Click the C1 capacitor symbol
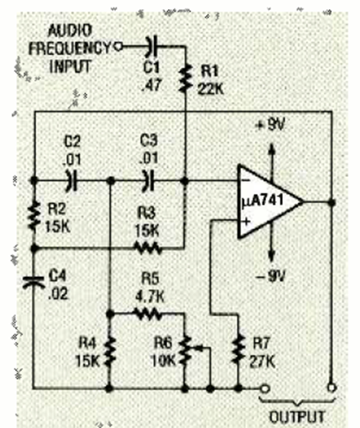pos(152,46)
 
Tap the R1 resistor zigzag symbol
pos(185,77)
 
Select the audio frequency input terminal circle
pos(118,47)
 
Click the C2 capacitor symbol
pos(72,180)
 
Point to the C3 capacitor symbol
pos(148,180)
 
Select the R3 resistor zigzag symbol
pos(148,248)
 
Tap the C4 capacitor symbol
pos(34,282)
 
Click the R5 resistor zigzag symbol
pos(148,314)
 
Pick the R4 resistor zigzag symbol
pos(110,352)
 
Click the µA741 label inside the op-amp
pos(262,201)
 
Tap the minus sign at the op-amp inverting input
pos(246,180)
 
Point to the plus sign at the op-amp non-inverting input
pos(246,221)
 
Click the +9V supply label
pos(271,125)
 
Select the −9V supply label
pos(271,277)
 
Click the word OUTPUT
pos(297,417)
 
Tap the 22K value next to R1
pos(211,88)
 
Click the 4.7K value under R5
pos(149,296)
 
